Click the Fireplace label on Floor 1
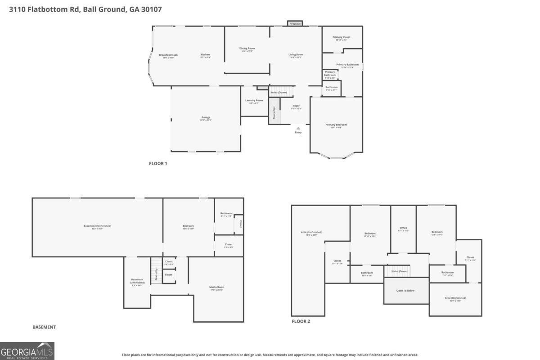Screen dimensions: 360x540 295,23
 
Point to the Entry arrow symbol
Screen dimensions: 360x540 298,128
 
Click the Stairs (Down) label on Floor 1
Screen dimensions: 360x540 279,92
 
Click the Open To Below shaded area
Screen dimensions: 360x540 405,291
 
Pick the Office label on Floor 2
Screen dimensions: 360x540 403,229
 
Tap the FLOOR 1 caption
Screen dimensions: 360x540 158,164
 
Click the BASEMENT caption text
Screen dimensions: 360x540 44,327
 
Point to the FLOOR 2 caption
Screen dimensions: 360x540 301,321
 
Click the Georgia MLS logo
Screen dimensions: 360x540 27,351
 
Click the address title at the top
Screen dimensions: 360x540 85,9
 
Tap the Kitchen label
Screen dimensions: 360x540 205,55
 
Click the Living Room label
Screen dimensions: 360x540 296,55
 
